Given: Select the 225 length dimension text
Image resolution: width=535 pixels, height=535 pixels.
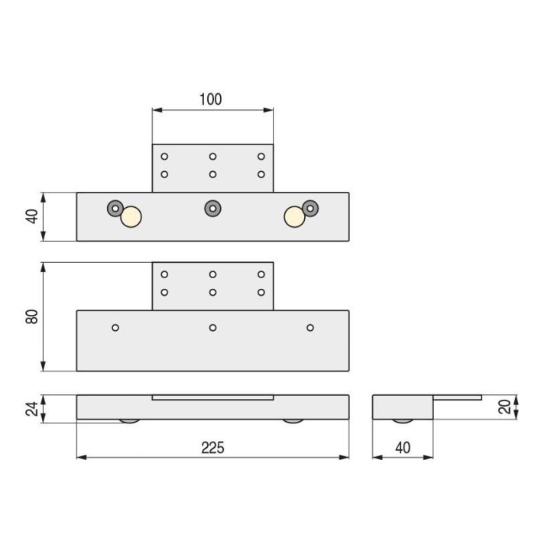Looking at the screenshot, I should pos(212,448).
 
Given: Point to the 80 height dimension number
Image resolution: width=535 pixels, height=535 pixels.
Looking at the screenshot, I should pos(31,316).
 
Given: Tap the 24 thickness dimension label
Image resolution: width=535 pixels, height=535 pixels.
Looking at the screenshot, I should pos(31,408).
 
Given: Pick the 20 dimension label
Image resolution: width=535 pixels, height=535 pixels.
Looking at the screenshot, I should pos(504,407).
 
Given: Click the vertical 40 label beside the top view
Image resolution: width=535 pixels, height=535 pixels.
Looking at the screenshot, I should pos(31,216).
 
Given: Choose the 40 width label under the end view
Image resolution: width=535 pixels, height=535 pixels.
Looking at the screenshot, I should pos(403,448).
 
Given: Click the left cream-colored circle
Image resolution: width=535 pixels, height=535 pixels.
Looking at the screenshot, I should pos(131,218).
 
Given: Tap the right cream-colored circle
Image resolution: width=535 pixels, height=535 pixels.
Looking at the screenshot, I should pos(294,218).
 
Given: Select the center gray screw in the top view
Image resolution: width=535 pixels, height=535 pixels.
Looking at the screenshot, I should pos(212,208).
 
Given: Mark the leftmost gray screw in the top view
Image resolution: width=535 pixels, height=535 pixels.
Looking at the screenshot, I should pos(115,208).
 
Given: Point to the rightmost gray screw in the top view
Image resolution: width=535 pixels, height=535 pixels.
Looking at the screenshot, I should pos(310,208).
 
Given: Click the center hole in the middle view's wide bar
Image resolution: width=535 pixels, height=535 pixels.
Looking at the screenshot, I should pos(212,328).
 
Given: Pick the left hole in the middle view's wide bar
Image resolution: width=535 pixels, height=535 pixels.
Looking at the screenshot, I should pos(115,328).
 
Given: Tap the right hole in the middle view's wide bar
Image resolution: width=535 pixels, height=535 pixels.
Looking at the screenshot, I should pos(310,328).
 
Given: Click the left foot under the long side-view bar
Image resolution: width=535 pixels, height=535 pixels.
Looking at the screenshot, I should pos(130,421).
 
